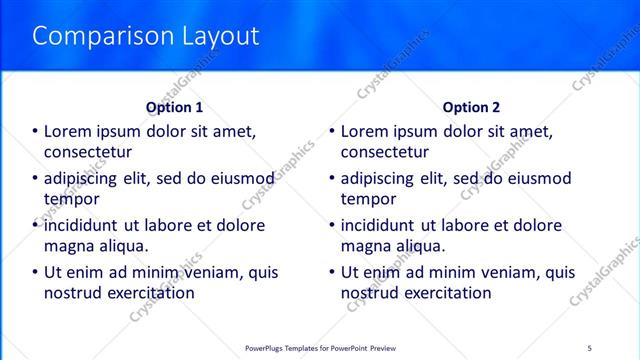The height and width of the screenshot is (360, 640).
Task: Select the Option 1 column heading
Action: [175, 107]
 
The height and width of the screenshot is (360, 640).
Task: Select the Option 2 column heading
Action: [471, 107]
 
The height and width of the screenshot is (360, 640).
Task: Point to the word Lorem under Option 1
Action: [70, 131]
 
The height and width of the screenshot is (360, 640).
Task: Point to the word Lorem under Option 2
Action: [366, 131]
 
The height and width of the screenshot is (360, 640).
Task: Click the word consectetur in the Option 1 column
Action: [89, 152]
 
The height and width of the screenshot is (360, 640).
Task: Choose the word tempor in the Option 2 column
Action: [369, 199]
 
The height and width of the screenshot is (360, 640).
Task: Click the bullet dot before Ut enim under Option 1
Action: [35, 272]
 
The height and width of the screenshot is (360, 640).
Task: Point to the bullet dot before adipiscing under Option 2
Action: [331, 179]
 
